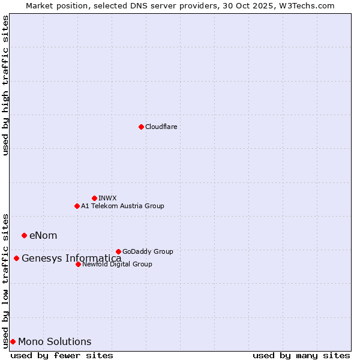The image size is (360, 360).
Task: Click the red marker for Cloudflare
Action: click(141, 127)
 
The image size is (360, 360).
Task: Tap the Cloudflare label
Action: click(161, 127)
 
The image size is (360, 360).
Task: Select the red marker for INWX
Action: click(94, 198)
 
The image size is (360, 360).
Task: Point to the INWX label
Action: click(107, 198)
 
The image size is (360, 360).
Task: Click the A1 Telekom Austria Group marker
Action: click(77, 206)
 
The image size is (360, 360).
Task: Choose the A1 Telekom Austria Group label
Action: click(122, 206)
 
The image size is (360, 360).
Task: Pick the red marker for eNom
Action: click(24, 235)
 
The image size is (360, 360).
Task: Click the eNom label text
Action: click(43, 235)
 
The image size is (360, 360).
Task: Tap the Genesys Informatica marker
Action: click(16, 258)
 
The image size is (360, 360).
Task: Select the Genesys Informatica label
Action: click(71, 259)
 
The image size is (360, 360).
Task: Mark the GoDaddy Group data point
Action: click(118, 251)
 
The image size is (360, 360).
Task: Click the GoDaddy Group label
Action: click(148, 251)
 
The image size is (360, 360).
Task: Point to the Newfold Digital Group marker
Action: click(78, 264)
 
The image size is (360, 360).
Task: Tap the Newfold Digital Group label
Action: click(117, 264)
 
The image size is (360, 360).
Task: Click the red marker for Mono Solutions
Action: click(13, 341)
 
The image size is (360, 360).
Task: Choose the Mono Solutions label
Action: click(55, 342)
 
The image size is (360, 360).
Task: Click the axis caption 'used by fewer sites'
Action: click(62, 355)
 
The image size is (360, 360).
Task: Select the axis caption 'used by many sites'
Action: click(301, 355)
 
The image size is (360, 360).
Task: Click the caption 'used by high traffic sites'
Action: click(5, 85)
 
